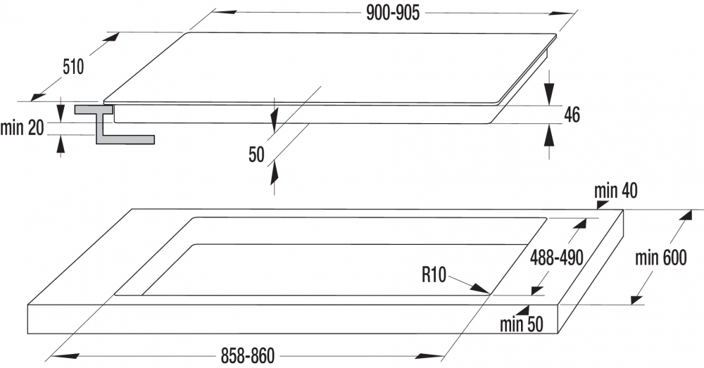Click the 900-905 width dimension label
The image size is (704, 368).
pyautogui.click(x=393, y=13)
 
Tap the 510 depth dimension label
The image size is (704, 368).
pyautogui.click(x=73, y=68)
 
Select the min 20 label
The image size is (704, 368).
pyautogui.click(x=23, y=128)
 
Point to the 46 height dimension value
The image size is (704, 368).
pyautogui.click(x=572, y=115)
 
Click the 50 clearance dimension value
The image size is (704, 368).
pyautogui.click(x=257, y=155)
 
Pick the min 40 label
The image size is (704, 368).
pyautogui.click(x=616, y=191)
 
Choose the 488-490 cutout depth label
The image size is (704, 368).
pyautogui.click(x=557, y=258)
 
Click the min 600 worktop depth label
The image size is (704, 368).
pyautogui.click(x=661, y=258)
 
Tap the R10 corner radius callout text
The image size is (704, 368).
pyautogui.click(x=434, y=274)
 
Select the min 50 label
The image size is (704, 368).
pyautogui.click(x=522, y=324)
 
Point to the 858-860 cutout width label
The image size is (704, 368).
pyautogui.click(x=247, y=356)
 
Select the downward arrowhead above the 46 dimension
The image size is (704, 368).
pyautogui.click(x=548, y=96)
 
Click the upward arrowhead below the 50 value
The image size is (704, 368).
pyautogui.click(x=274, y=173)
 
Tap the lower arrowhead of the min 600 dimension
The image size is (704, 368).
pyautogui.click(x=637, y=299)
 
